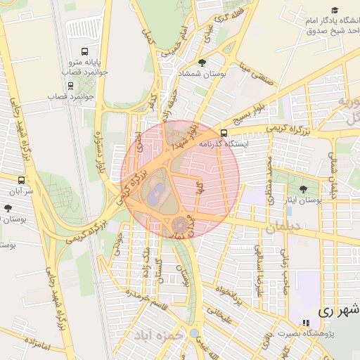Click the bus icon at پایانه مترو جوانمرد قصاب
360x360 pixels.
tap(85, 51)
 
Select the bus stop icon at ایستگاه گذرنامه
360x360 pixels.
tap(224, 132)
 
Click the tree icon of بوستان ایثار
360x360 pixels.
tap(303, 189)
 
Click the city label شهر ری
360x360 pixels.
tap(338, 309)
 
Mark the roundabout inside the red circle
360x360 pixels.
tap(181, 225)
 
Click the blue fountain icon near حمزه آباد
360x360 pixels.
tap(193, 333)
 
